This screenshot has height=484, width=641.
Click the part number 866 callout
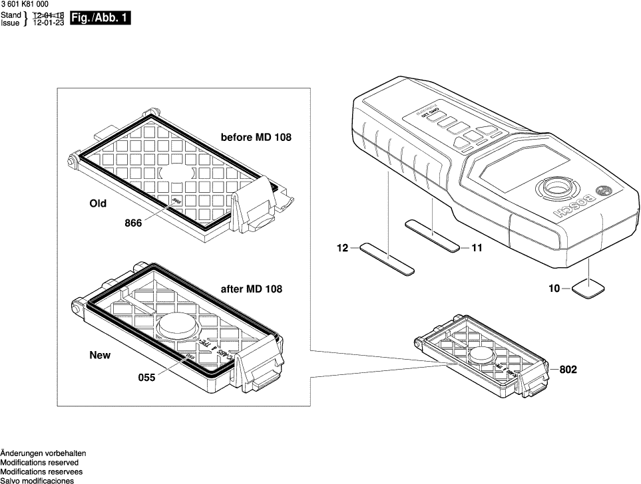[133, 224]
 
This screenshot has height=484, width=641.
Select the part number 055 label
[146, 377]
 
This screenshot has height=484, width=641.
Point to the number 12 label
[343, 248]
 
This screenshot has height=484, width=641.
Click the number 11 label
[477, 248]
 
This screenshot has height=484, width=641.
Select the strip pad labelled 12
[387, 259]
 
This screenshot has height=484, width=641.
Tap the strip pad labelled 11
[433, 236]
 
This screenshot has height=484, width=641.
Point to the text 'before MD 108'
[256, 138]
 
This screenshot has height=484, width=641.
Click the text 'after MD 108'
[251, 289]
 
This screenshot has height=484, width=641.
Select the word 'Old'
[98, 203]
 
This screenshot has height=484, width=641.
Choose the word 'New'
[100, 356]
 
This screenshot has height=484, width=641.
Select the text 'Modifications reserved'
[39, 462]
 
